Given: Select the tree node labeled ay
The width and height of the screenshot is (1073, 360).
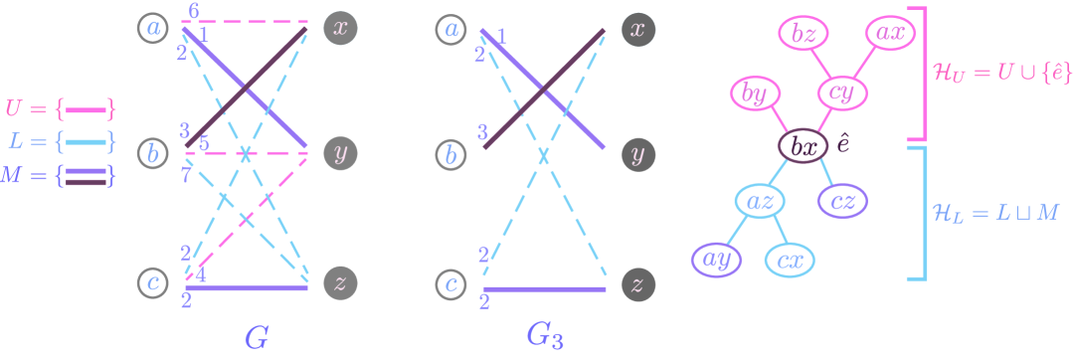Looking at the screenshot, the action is [x=718, y=260].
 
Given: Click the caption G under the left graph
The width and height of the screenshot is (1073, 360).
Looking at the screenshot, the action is [x=256, y=337].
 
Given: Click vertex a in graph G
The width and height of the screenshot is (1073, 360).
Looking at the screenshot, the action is [x=154, y=29].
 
